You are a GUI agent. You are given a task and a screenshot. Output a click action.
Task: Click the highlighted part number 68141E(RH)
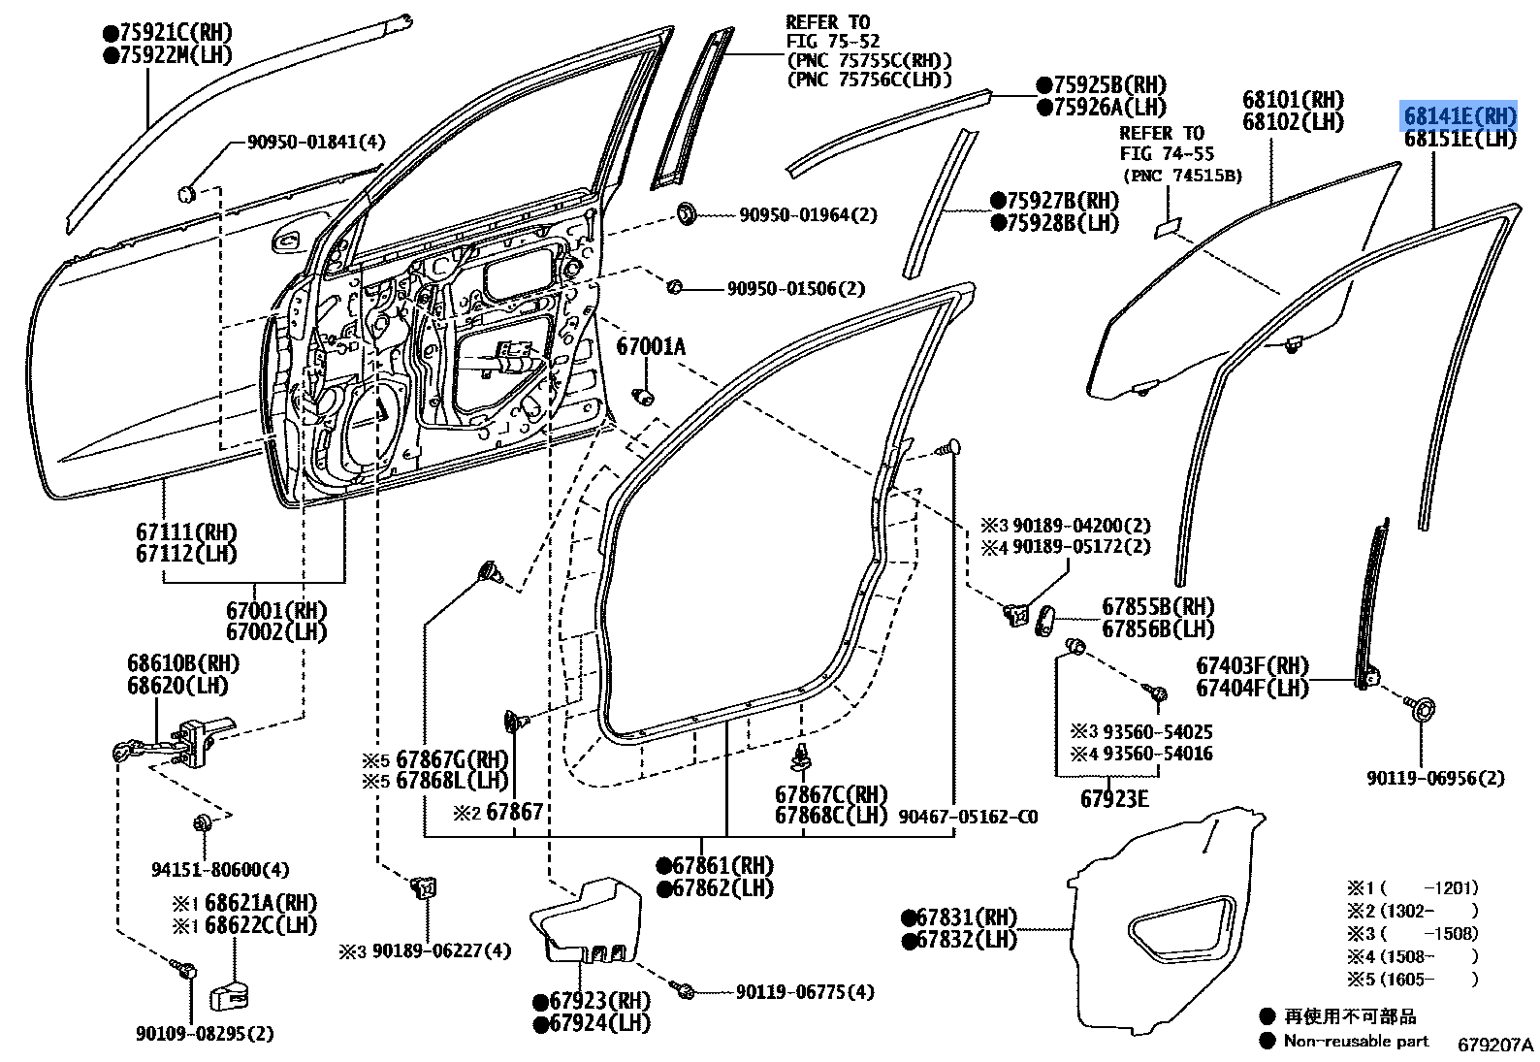(x=1460, y=116)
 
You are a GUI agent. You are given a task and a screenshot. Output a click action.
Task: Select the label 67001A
(x=650, y=346)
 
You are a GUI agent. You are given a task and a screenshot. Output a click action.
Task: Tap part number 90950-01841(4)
(x=315, y=143)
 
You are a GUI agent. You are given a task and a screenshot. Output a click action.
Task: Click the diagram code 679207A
(x=1494, y=1045)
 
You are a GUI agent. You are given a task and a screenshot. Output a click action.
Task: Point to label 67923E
(x=1114, y=799)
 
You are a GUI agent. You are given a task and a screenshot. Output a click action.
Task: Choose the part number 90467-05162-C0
(x=967, y=818)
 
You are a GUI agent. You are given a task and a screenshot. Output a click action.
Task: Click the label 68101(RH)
(x=1293, y=100)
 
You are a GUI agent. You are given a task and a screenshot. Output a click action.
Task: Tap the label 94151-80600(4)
(x=220, y=870)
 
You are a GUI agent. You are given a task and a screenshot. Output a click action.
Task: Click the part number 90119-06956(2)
(x=1435, y=778)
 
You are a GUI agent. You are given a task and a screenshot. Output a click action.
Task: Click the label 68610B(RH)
(x=182, y=664)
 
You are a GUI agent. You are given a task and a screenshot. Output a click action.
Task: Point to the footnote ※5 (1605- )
(x=1412, y=980)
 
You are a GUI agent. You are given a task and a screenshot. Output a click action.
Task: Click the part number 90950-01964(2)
(x=808, y=215)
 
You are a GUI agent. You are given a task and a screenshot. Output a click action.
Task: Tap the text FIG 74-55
(x=1167, y=154)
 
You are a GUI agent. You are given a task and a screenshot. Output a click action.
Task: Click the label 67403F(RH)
(x=1252, y=666)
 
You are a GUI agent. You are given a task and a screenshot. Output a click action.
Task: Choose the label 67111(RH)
(x=186, y=532)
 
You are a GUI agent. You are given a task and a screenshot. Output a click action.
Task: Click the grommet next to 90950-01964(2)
(x=688, y=212)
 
